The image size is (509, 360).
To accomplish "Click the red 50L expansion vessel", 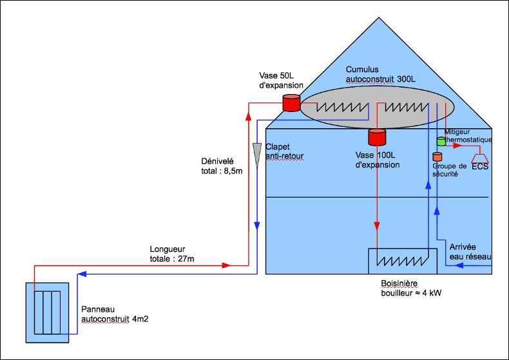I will pyautogui.click(x=291, y=102).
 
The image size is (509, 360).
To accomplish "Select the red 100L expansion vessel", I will pyautogui.click(x=376, y=137).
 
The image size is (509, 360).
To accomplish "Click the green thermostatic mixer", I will pyautogui.click(x=441, y=141).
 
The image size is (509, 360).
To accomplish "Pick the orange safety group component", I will pyautogui.click(x=437, y=156).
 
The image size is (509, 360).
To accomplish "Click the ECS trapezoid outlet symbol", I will pyautogui.click(x=480, y=158).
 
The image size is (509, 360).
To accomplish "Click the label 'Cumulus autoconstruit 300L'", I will pyautogui.click(x=381, y=74).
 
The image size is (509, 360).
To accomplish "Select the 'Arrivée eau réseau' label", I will pyautogui.click(x=470, y=251).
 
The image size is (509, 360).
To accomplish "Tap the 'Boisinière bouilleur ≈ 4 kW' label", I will pyautogui.click(x=410, y=288).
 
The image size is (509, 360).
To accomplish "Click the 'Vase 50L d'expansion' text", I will pyautogui.click(x=281, y=81).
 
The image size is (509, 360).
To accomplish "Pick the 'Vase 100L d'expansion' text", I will pyautogui.click(x=378, y=160).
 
